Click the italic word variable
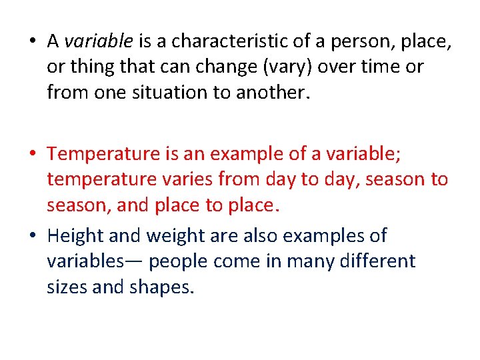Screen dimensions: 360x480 coord(98,42)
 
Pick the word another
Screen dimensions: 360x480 coord(277,93)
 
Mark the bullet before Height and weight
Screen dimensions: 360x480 coord(33,236)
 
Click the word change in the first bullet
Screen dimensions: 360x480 coord(212,67)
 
